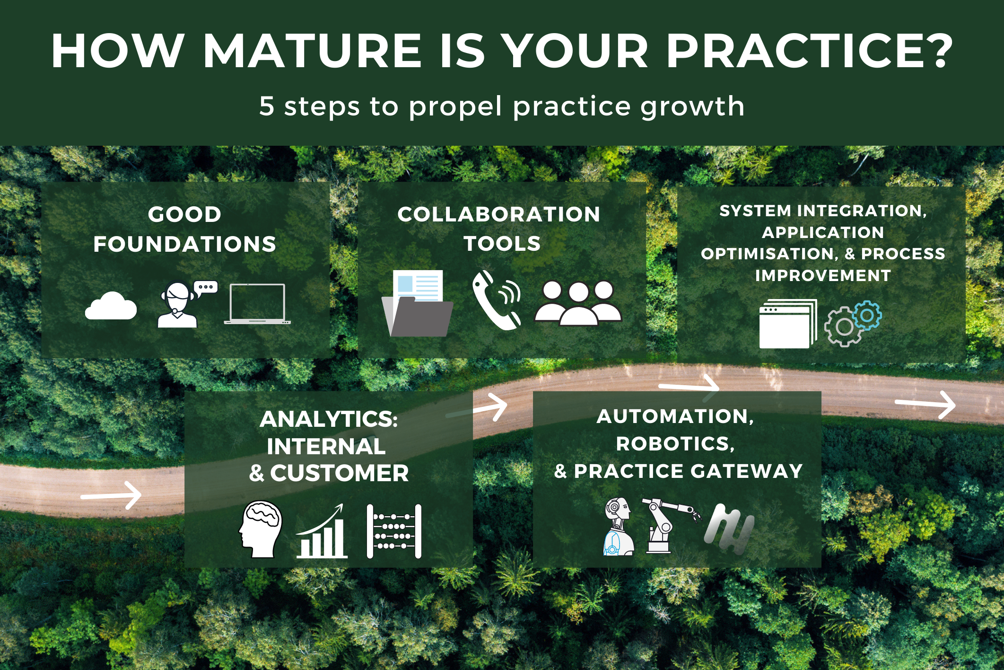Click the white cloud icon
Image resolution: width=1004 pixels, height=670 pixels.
[x=111, y=306]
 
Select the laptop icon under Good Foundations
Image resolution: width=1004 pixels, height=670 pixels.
[x=257, y=304]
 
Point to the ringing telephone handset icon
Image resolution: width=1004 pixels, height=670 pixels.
[x=497, y=300]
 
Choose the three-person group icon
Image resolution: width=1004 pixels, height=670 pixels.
[x=578, y=303]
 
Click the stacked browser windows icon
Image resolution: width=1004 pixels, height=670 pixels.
[x=788, y=324]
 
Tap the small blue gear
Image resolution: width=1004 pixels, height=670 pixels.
[x=867, y=315]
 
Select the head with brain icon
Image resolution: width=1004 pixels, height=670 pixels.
[x=261, y=529]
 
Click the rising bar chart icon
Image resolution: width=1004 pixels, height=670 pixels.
[x=322, y=531]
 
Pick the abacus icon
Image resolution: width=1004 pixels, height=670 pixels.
[x=394, y=531]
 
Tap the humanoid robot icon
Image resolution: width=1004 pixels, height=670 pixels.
[x=619, y=526]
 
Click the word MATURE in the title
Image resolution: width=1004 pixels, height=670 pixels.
[x=313, y=51]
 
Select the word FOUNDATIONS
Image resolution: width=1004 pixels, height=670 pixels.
[x=185, y=244]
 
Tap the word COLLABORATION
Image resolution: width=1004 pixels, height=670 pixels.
[x=499, y=214]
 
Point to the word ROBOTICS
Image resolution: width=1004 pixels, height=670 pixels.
[x=675, y=444]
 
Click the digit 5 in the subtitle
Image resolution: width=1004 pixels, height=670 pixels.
[x=266, y=106]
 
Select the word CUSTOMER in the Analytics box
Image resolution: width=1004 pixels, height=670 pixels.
[x=340, y=473]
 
